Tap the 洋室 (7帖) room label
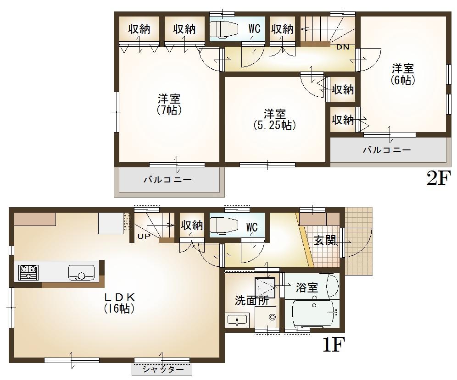pyautogui.click(x=169, y=105)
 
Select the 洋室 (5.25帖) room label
pyautogui.click(x=274, y=119)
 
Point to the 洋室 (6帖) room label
pyautogui.click(x=403, y=75)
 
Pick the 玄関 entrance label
pyautogui.click(x=325, y=240)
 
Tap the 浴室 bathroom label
pyautogui.click(x=307, y=288)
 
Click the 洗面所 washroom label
pyautogui.click(x=252, y=301)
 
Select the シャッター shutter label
pyautogui.click(x=162, y=369)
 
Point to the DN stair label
pyautogui.click(x=342, y=47)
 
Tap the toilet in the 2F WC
pyautogui.click(x=223, y=29)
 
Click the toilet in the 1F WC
pyautogui.click(x=223, y=225)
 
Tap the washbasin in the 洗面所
pyautogui.click(x=237, y=319)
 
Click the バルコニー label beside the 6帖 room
pyautogui.click(x=387, y=149)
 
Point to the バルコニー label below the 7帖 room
pyautogui.click(x=167, y=180)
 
